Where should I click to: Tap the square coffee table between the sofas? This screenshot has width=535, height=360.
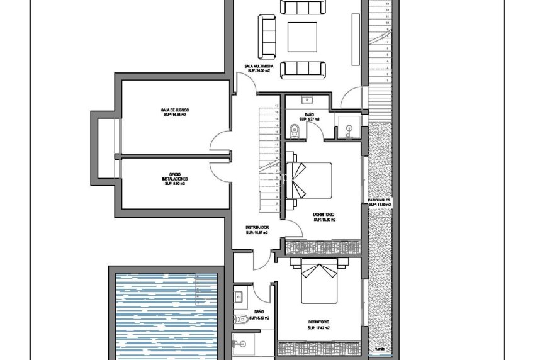click(x=302, y=37)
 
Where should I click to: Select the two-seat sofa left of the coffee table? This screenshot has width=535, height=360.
click(x=267, y=37)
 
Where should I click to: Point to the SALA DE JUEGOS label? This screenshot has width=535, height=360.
click(x=174, y=110)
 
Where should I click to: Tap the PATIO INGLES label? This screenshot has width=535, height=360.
click(x=380, y=201)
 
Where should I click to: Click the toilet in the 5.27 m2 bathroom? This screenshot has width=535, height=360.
click(x=294, y=130)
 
